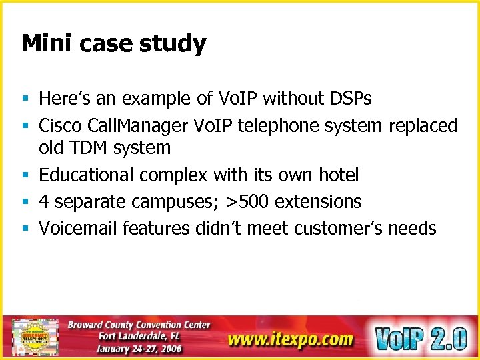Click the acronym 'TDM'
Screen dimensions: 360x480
coord(86,147)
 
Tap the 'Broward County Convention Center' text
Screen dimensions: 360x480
coord(139,325)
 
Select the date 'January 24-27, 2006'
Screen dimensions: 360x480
coord(139,349)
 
